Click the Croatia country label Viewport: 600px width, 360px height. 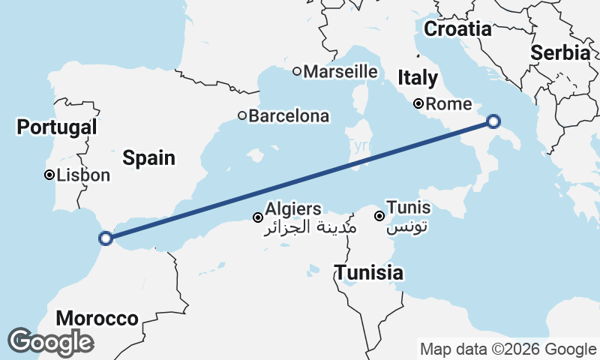click(x=457, y=29)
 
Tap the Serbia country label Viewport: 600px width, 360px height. click(x=560, y=52)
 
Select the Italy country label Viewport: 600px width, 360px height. click(x=418, y=77)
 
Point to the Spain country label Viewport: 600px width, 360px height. click(x=149, y=157)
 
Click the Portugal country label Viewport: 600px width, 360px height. click(x=57, y=127)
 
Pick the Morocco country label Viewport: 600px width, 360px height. click(x=97, y=318)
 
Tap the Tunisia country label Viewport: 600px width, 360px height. click(x=369, y=273)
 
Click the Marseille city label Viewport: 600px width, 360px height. click(x=340, y=71)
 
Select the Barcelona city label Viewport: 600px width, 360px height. click(x=289, y=116)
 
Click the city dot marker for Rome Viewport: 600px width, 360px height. click(x=418, y=104)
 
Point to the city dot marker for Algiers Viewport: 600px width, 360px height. click(x=258, y=217)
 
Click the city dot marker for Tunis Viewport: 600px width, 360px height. click(x=380, y=216)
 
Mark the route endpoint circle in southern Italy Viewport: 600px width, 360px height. click(x=493, y=121)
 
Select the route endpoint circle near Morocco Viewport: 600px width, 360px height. click(x=106, y=238)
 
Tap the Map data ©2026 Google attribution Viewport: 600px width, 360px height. click(x=508, y=349)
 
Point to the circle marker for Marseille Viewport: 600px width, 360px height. click(x=297, y=71)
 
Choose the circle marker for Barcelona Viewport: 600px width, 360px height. click(x=242, y=115)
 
